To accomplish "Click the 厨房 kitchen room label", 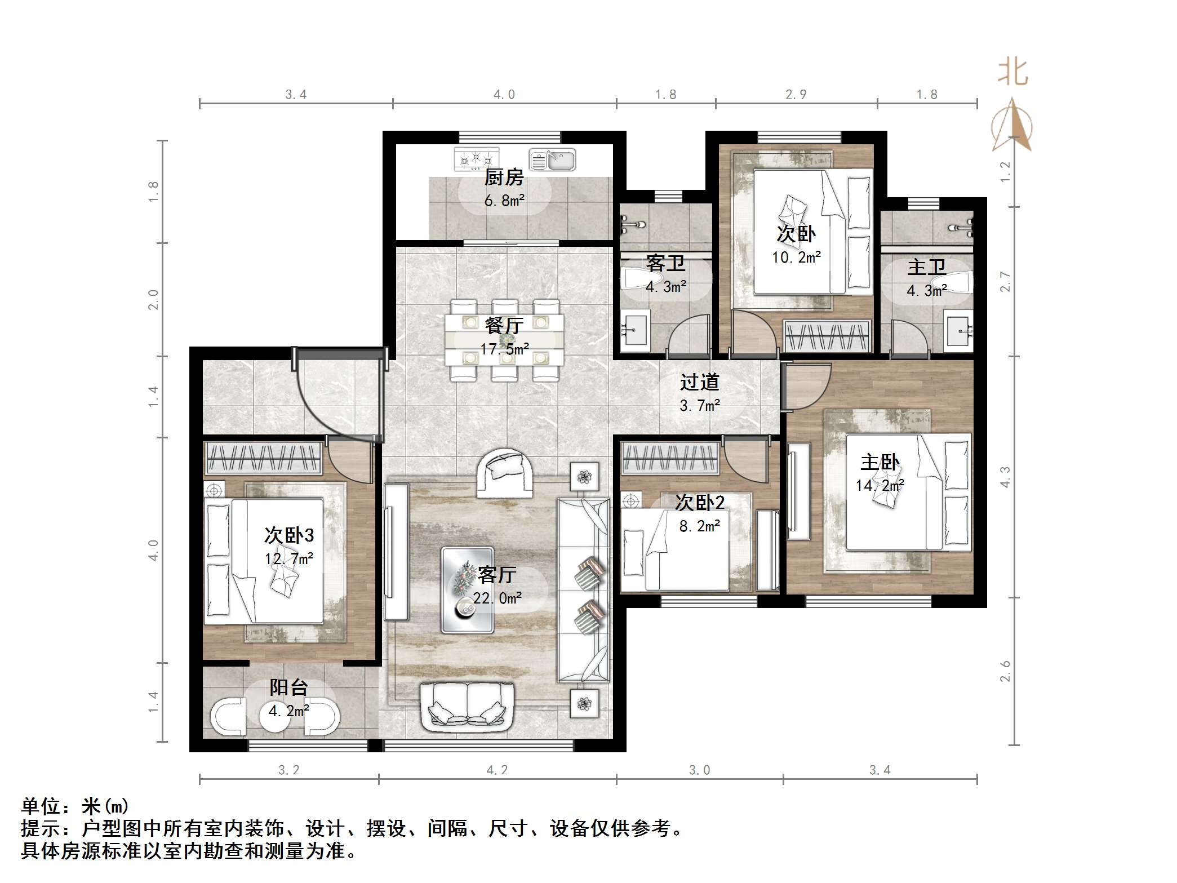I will coord(504,178).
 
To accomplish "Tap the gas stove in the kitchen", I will coord(477,158).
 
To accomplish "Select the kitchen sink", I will coord(552,160).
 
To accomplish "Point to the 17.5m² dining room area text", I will coord(504,349).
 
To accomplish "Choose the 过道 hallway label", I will coord(699,383).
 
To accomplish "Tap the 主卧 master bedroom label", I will coord(880,463).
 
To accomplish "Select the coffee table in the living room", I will coord(468,589).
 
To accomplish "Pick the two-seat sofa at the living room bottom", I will coord(467,707).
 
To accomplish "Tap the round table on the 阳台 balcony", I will coord(274,716).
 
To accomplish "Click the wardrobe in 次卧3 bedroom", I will coord(264,458).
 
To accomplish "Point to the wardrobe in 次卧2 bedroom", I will coord(669,457).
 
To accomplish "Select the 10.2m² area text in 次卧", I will coord(796,258).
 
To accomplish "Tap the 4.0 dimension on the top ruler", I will coord(504,95).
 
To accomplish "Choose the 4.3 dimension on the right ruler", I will coord(1005,477).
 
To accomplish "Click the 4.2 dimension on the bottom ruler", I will coord(497,770).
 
